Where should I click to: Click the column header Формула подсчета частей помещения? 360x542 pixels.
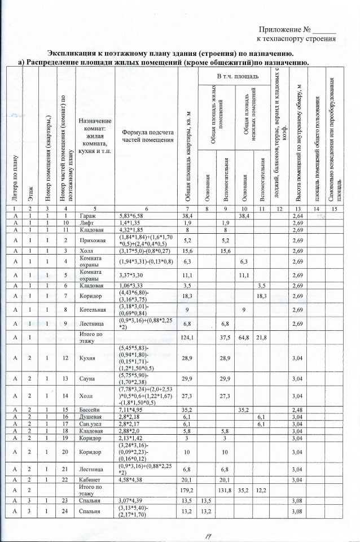[147, 136]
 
